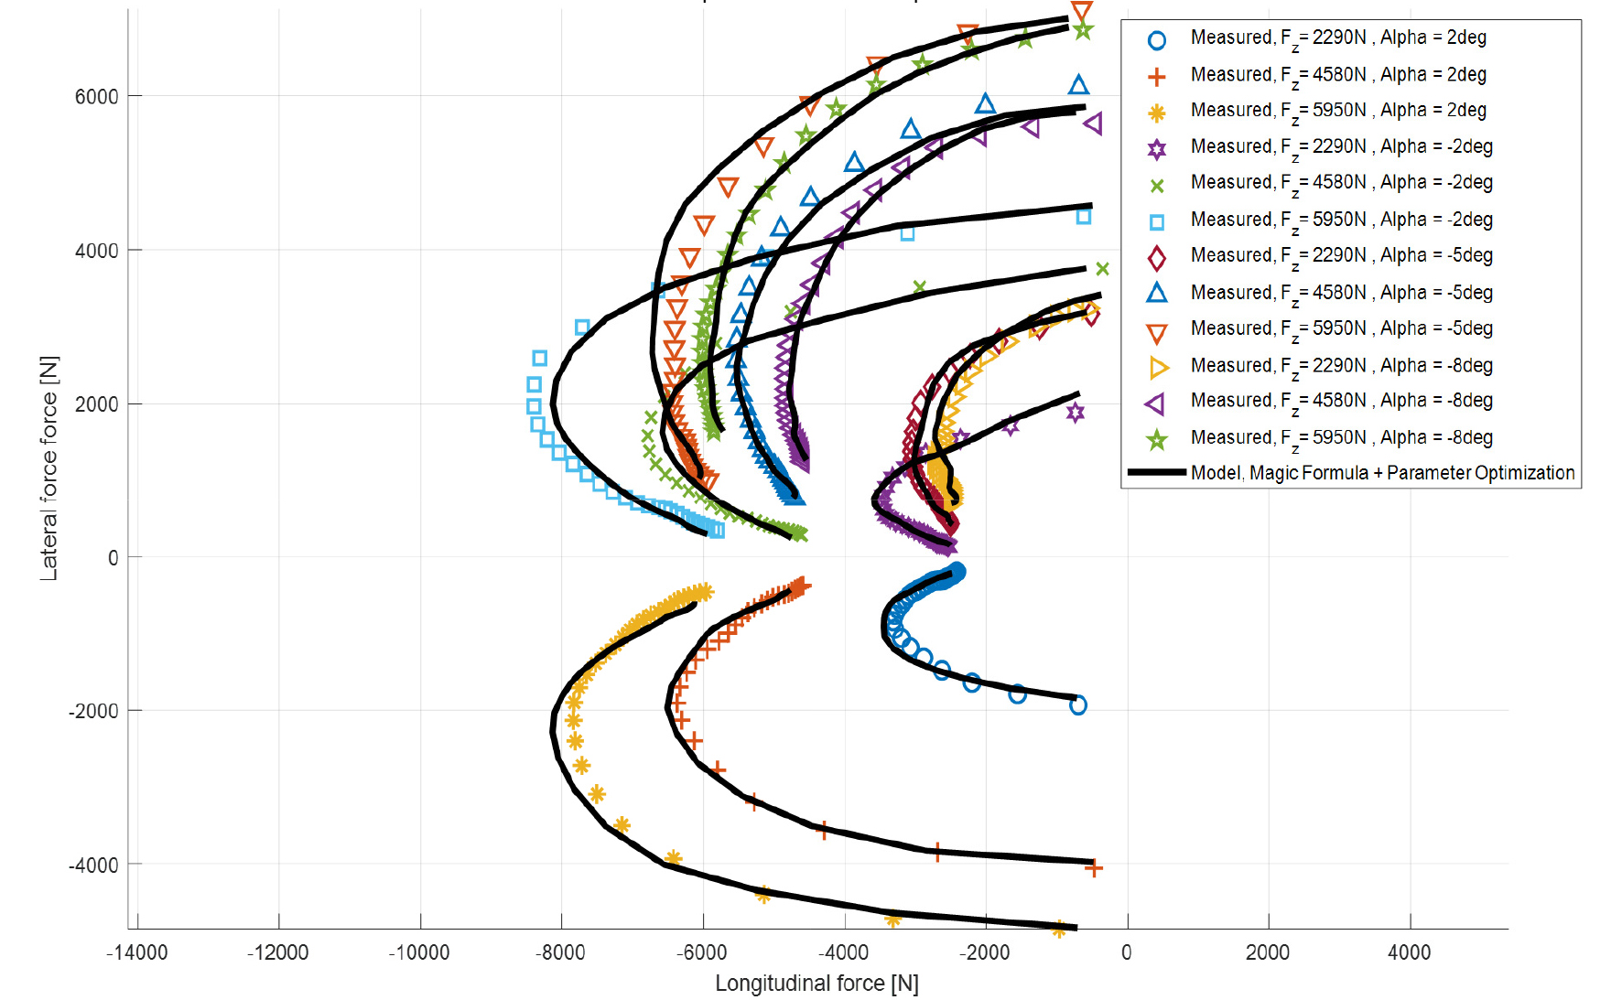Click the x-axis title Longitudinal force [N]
(816, 984)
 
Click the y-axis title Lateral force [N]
(49, 468)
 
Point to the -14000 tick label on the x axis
(137, 952)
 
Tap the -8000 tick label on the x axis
(561, 952)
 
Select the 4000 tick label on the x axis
(1409, 952)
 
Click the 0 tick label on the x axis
(1127, 952)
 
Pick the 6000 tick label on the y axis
(97, 97)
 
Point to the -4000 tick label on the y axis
(93, 865)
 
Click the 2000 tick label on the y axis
(97, 404)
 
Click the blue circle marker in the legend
(1157, 40)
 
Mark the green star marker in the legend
(1157, 440)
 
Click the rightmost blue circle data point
(1078, 705)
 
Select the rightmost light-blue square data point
(1084, 217)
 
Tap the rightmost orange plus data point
(1093, 867)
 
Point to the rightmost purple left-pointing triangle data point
(1093, 123)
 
